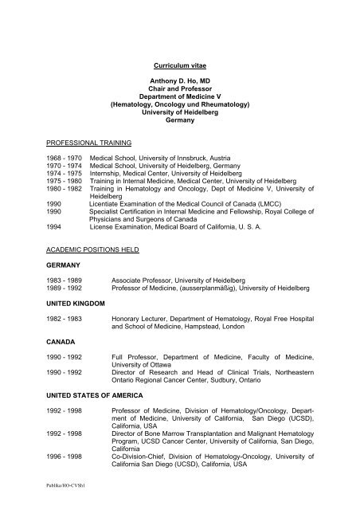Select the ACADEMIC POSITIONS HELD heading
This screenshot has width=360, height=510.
click(x=92, y=249)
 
